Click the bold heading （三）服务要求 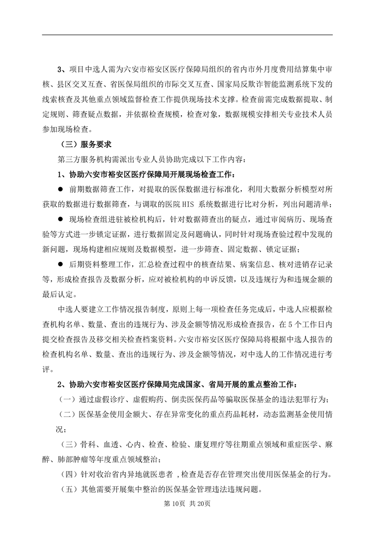click(86, 143)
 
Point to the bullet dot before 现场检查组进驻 click(61, 220)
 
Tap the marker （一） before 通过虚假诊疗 click(67, 400)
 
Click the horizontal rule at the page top click(188, 35)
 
